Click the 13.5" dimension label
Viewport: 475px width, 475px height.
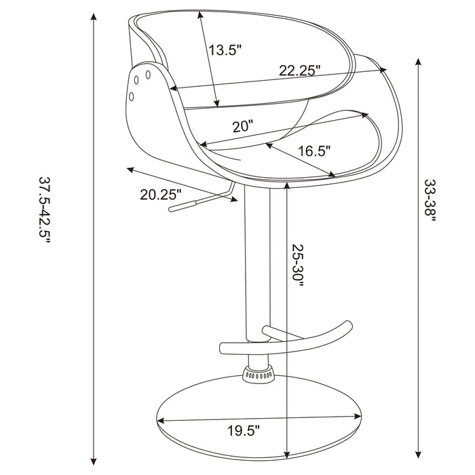click(225, 50)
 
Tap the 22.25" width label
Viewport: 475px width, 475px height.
click(299, 71)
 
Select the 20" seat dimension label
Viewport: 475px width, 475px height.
click(242, 126)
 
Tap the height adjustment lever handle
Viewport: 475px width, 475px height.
click(183, 203)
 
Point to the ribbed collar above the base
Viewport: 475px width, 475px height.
click(259, 373)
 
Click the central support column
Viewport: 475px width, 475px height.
click(258, 271)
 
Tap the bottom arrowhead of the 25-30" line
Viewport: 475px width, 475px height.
click(288, 453)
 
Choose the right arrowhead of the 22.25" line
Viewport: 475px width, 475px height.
click(385, 69)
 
